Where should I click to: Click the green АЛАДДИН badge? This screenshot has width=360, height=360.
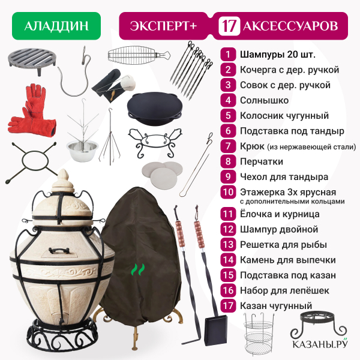coord(56,26)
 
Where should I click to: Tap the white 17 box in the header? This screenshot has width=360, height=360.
coord(229,26)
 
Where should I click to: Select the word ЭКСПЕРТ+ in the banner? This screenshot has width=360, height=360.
coord(163,26)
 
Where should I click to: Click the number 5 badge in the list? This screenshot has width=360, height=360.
coord(228,115)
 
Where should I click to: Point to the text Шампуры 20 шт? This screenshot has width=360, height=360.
coord(278,55)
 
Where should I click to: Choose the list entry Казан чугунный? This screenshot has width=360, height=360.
coord(276,305)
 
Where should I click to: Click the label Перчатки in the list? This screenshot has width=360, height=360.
coord(262,161)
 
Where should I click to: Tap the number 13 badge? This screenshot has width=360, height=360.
coord(228,245)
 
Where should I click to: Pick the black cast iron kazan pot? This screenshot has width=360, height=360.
coord(155,108)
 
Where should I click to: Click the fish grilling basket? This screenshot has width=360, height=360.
coord(139,55)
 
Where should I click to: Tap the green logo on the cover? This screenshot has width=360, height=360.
coord(138,269)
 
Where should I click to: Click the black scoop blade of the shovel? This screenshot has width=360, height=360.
coord(216,330)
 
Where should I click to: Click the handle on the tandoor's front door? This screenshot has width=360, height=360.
coord(59,250)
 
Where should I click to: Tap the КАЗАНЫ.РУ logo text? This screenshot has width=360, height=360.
coord(320,344)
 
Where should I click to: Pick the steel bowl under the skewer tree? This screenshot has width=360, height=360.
coord(82,150)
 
